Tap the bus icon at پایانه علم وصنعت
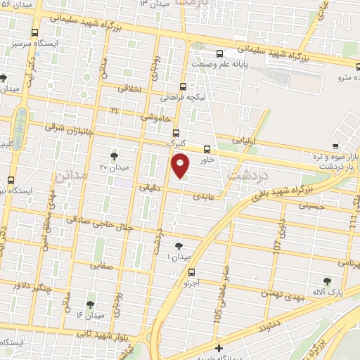point(221,53)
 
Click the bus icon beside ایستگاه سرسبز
point(35,32)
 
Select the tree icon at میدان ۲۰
point(115,155)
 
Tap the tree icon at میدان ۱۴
point(91,304)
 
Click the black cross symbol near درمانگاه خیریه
point(219,349)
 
